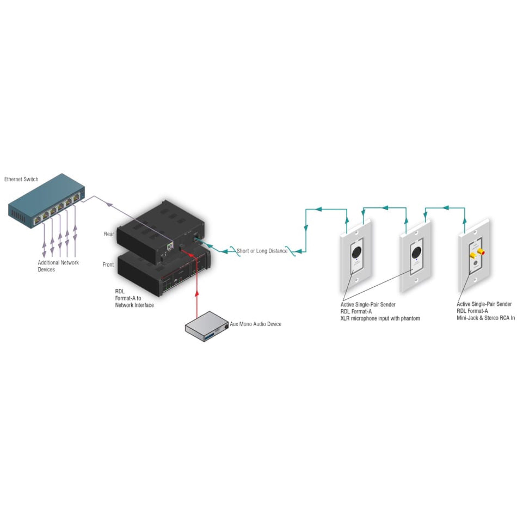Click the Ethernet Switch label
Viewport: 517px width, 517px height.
[x=21, y=179]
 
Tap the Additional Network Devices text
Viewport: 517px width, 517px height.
[x=58, y=266]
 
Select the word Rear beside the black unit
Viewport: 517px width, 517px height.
[x=109, y=234]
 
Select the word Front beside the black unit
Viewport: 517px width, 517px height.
[x=108, y=265]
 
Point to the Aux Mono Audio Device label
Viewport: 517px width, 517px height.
[x=255, y=324]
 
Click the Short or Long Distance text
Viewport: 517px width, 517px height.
[x=262, y=251]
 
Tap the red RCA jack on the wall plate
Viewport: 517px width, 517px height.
[x=481, y=252]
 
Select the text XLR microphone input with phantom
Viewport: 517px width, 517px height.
[x=380, y=318]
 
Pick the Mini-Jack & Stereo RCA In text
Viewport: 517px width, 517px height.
[x=485, y=318]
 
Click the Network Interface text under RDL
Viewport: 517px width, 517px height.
[x=134, y=305]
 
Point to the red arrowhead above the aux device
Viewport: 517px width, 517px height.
[x=197, y=293]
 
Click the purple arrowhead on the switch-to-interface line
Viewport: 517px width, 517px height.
[x=109, y=204]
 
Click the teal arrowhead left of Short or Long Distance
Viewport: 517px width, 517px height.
[x=225, y=251]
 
